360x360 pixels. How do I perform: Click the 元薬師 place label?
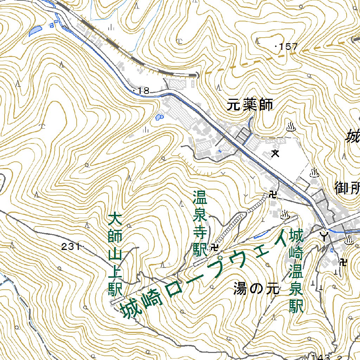click(250, 105)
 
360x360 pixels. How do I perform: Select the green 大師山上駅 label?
click(115, 255)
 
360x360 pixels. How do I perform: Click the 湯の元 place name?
click(256, 289)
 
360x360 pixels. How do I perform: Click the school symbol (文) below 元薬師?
click(275, 153)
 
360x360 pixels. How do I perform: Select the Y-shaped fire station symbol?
click(324, 235)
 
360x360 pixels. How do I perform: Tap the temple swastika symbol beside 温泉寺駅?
click(214, 248)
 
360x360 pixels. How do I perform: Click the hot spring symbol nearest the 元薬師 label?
click(291, 127)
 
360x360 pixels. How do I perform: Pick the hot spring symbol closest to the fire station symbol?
click(349, 240)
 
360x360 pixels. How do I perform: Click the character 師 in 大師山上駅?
click(115, 237)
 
